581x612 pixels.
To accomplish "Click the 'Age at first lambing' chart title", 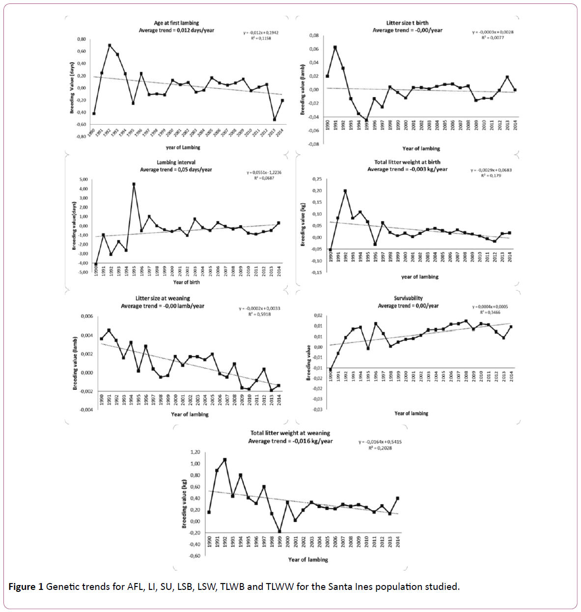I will (x=176, y=23).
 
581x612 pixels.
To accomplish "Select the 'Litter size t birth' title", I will (x=407, y=23).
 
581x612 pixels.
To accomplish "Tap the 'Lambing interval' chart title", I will (x=176, y=162).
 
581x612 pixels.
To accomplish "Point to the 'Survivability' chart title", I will (x=408, y=298).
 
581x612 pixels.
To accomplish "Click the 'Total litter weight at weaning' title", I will (x=290, y=433).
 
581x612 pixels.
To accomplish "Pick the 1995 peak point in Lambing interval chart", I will (x=134, y=184).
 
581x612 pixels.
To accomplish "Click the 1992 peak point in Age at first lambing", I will (x=110, y=45).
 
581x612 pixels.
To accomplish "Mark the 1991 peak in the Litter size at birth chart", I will (x=335, y=47).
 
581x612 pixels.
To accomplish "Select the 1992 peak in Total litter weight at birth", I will (x=345, y=191).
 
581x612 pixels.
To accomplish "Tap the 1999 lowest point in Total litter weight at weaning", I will (x=279, y=531).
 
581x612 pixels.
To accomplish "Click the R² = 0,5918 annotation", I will (x=259, y=314).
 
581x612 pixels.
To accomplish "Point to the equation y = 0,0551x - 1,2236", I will (x=264, y=173).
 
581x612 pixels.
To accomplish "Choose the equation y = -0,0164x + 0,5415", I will (x=380, y=442).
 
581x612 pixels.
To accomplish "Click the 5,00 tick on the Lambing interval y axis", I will (x=83, y=180).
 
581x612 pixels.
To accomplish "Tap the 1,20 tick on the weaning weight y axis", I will (x=195, y=452).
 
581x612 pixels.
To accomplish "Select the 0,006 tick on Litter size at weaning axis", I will (x=86, y=317).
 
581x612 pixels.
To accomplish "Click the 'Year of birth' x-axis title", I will (x=186, y=282).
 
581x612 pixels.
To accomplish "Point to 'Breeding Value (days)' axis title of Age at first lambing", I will (x=72, y=88).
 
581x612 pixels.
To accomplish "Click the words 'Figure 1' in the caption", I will (x=26, y=586).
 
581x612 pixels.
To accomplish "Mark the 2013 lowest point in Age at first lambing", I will (x=275, y=119).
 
